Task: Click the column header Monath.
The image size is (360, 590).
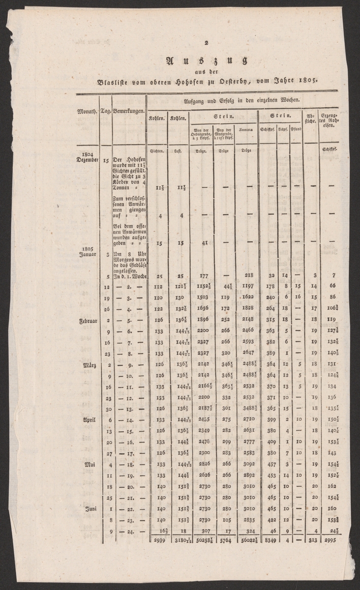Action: (x=87, y=112)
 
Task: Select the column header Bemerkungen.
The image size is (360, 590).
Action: (x=128, y=112)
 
